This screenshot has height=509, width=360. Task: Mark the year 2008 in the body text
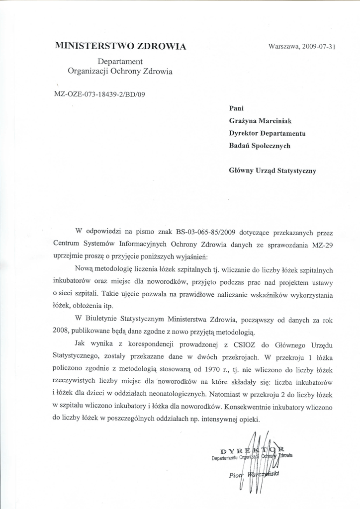pos(62,331)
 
